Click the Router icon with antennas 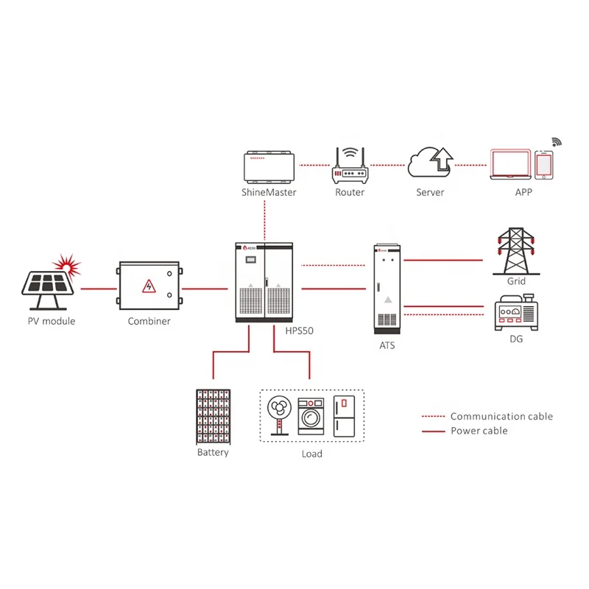pyautogui.click(x=350, y=166)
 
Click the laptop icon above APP pyautogui.click(x=510, y=165)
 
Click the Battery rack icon pyautogui.click(x=213, y=416)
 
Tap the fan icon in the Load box pyautogui.click(x=280, y=415)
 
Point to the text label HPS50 pyautogui.click(x=299, y=331)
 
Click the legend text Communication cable pyautogui.click(x=501, y=417)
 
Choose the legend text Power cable pyautogui.click(x=479, y=431)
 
